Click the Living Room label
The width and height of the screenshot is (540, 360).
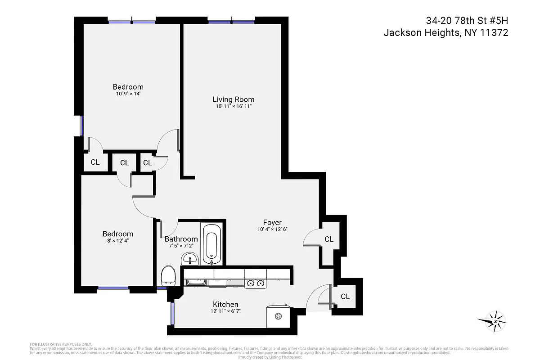(234, 99)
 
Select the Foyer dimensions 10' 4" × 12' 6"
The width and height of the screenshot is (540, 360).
(272, 229)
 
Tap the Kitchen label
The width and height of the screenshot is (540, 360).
(225, 305)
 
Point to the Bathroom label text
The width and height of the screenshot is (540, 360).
(181, 239)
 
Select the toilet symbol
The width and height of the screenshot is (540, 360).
(168, 275)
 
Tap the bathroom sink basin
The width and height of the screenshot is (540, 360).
(190, 259)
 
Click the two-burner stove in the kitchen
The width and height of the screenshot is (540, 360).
(255, 283)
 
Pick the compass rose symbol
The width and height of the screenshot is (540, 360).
(495, 321)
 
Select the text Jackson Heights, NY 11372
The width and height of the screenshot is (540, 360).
(445, 33)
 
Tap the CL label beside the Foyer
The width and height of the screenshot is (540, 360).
(329, 239)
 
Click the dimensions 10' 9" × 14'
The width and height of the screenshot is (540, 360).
(128, 94)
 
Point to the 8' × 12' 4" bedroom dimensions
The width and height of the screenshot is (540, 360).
(118, 241)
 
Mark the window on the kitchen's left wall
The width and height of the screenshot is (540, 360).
(172, 313)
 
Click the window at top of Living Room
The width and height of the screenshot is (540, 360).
(231, 21)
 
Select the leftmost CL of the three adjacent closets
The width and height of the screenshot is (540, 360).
(95, 162)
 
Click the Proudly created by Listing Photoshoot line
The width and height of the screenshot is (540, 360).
(270, 357)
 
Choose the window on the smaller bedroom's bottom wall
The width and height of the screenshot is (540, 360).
(114, 288)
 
